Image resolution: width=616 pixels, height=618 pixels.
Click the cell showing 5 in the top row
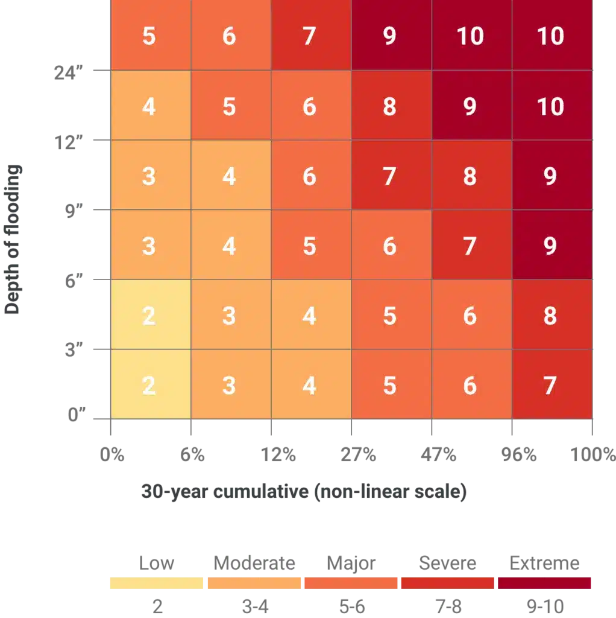tap(149, 36)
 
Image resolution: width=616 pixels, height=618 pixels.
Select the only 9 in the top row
tap(390, 36)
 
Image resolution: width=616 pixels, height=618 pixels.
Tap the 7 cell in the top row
tap(309, 36)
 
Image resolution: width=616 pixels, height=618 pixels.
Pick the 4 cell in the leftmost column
tap(149, 106)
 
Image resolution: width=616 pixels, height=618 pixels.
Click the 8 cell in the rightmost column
tap(550, 316)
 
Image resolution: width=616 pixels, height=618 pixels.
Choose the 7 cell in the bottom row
tap(550, 385)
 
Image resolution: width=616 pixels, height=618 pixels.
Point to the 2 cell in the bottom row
tap(149, 385)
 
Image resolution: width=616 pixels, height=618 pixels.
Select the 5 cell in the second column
tap(229, 106)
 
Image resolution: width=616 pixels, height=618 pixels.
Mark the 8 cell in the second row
tap(390, 106)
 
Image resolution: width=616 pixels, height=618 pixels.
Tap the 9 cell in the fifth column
tap(470, 106)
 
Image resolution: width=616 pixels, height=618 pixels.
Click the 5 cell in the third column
tap(309, 246)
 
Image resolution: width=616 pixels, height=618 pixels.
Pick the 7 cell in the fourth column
tap(390, 176)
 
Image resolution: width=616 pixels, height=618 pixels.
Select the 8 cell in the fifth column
tap(470, 176)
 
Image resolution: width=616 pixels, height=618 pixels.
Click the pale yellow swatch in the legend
tap(156, 582)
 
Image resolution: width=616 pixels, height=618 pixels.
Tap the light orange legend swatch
tap(254, 582)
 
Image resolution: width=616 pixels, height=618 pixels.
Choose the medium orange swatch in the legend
tap(351, 582)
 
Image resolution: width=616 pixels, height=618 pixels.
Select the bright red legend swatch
tap(448, 582)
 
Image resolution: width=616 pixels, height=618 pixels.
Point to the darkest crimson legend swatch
tap(544, 582)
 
